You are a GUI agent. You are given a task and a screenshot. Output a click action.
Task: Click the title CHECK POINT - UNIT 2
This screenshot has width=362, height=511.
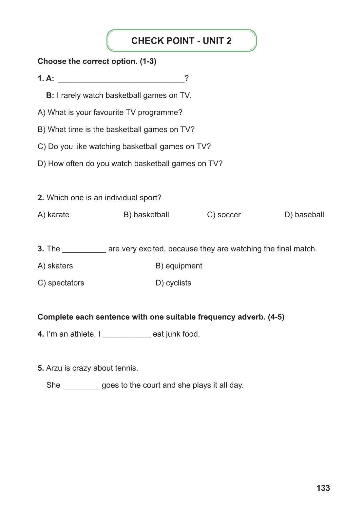[181, 41]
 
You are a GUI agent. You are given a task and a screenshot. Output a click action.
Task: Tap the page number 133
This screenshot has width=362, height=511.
[323, 488]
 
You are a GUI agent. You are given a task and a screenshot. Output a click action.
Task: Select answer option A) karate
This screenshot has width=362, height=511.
[53, 215]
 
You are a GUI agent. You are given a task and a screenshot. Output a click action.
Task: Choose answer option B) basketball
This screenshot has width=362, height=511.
[146, 215]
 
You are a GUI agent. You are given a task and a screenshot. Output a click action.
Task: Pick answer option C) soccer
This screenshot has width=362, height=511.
[224, 215]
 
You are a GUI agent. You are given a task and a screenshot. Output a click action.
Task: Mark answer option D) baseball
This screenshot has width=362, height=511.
[304, 215]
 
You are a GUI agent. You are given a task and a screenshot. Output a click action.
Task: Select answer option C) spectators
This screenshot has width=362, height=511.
[61, 283]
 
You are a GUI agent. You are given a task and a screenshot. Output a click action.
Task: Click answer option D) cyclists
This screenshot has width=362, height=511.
[173, 283]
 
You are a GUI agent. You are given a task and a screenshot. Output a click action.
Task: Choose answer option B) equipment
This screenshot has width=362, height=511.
[179, 266]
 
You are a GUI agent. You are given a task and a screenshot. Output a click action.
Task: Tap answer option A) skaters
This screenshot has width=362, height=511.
[55, 266]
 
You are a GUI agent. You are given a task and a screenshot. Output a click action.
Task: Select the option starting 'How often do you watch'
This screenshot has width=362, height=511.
[130, 164]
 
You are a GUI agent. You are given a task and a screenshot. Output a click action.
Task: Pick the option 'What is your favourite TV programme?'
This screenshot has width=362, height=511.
[110, 112]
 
